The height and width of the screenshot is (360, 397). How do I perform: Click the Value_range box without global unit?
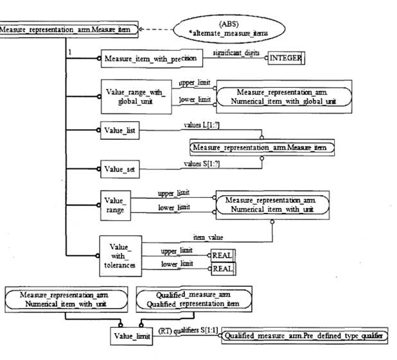point(115,205)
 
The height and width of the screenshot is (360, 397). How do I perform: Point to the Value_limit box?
point(132,334)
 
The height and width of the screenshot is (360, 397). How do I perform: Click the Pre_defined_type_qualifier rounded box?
point(306,335)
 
